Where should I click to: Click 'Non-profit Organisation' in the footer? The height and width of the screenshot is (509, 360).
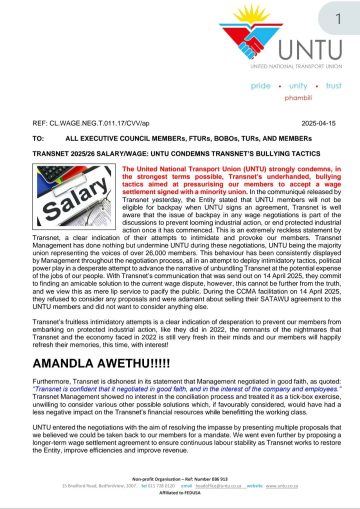tap(156, 479)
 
